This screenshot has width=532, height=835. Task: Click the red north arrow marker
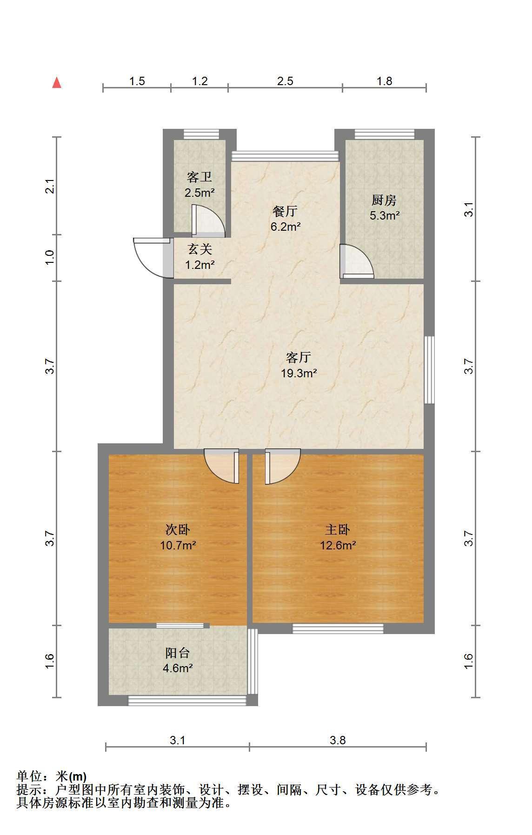point(57,83)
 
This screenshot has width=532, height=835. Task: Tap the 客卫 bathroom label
point(199,177)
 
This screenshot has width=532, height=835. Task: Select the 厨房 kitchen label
point(384,200)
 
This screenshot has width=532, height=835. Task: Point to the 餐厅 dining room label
point(285,211)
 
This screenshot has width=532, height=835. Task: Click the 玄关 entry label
point(200,250)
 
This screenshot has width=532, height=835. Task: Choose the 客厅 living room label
point(299,357)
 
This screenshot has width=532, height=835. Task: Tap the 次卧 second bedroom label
point(178,529)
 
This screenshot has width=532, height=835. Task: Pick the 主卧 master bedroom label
point(338,529)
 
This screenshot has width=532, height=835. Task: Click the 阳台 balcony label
point(178,653)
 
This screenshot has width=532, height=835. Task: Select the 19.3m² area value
point(299,373)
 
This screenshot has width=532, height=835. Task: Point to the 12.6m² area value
point(338,545)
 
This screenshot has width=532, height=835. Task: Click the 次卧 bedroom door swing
point(222,466)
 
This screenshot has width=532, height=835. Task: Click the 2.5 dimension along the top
point(285,81)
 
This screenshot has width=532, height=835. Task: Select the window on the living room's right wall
point(429,370)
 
